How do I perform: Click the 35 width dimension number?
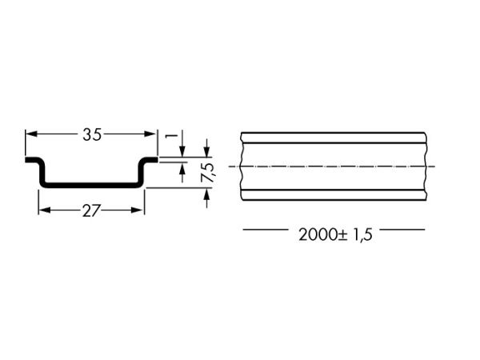pyautogui.click(x=92, y=134)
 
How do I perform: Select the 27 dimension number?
pyautogui.click(x=91, y=211)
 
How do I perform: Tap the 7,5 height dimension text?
pyautogui.click(x=209, y=173)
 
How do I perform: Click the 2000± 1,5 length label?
pyautogui.click(x=335, y=235)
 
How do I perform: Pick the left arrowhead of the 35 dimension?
pyautogui.click(x=31, y=134)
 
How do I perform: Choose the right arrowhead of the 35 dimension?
pyautogui.click(x=150, y=134)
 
